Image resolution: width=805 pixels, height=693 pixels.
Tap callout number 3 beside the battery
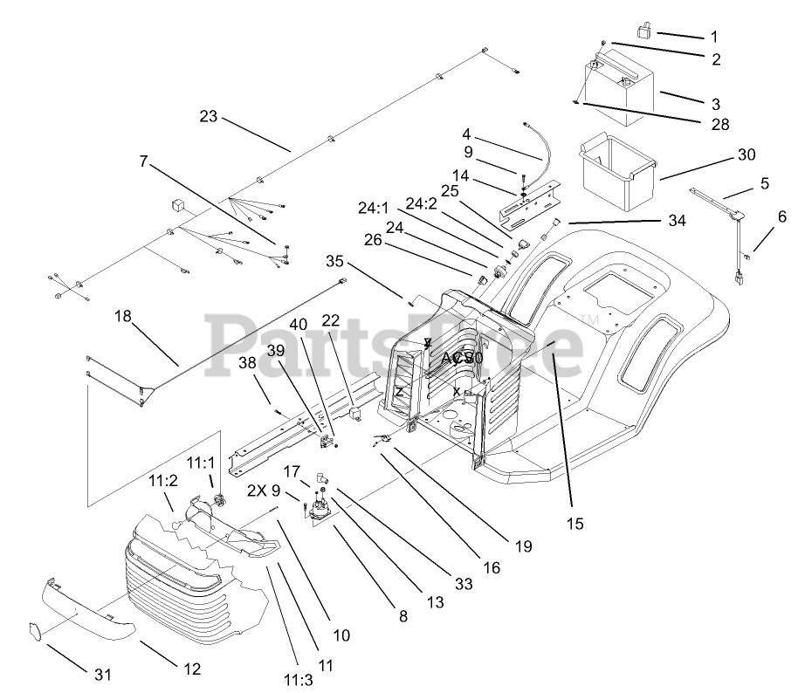click(714, 102)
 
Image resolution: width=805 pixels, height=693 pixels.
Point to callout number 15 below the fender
click(575, 524)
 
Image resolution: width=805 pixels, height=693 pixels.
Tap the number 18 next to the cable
click(122, 316)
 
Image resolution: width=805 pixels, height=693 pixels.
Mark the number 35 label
click(336, 261)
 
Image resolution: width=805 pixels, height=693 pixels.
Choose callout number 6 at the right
click(781, 216)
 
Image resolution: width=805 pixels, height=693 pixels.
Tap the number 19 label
click(523, 546)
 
